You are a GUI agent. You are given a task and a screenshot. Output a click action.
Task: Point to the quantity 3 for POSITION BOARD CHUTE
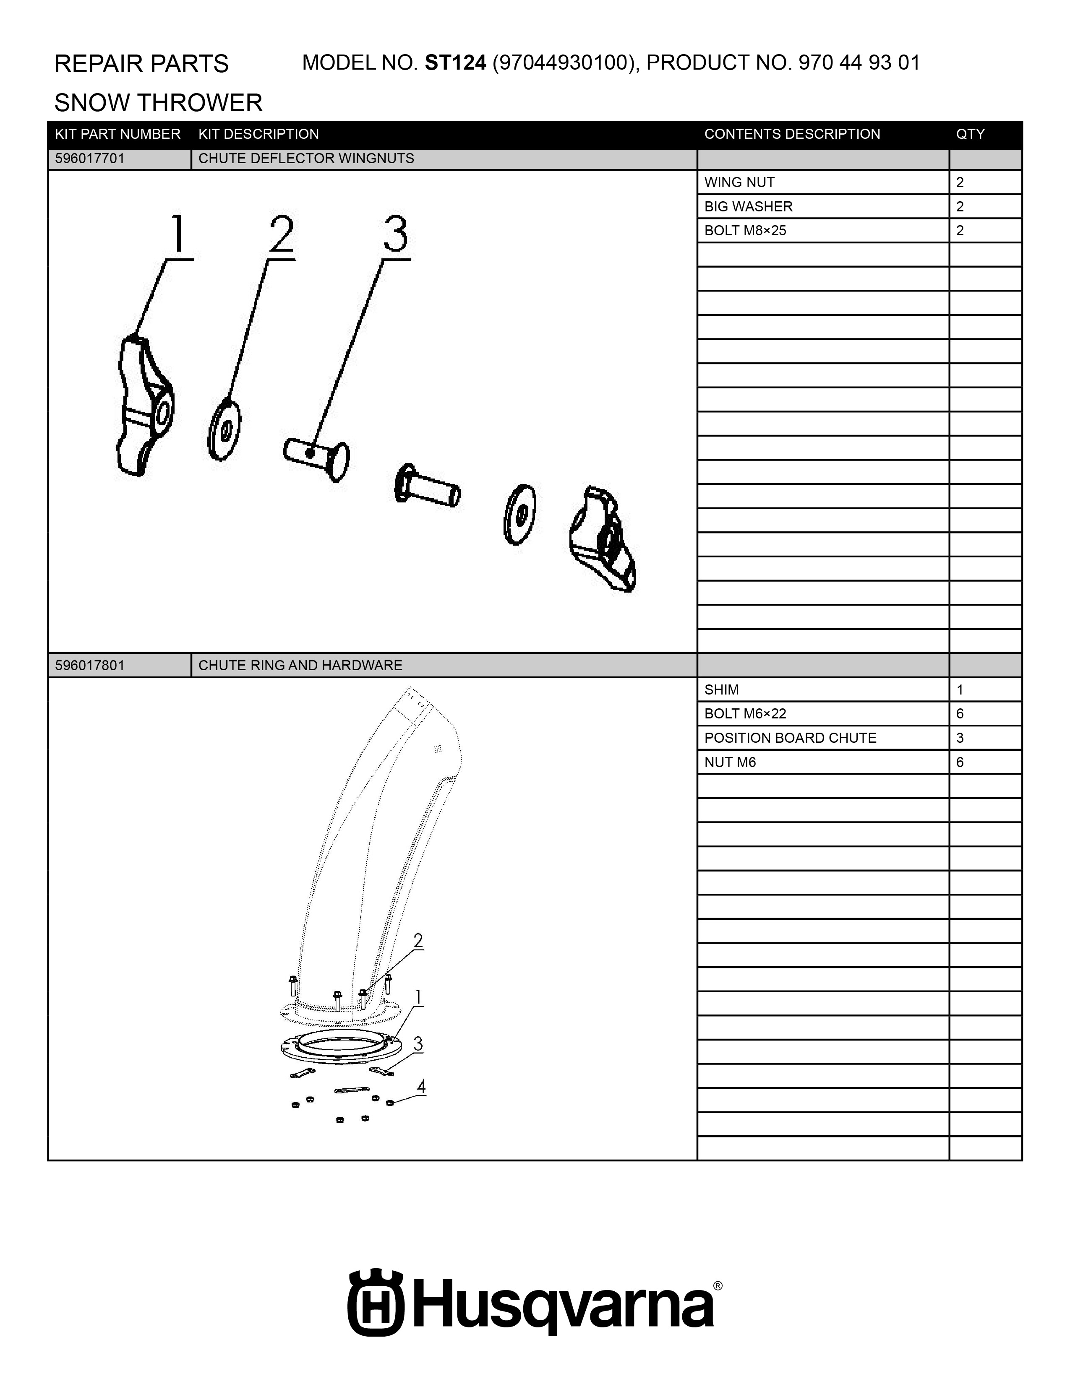point(960,738)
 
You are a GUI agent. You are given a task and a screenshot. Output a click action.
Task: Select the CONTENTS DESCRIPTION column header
point(792,134)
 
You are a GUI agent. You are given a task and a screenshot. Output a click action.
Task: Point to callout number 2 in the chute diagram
point(418,941)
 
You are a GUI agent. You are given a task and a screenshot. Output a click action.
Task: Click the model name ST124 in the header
point(455,63)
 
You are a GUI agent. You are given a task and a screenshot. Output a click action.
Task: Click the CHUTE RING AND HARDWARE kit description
point(300,666)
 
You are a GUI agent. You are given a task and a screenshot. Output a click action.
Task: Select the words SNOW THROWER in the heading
point(159,103)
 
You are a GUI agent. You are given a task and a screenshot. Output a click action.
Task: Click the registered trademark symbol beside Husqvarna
point(718,1286)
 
